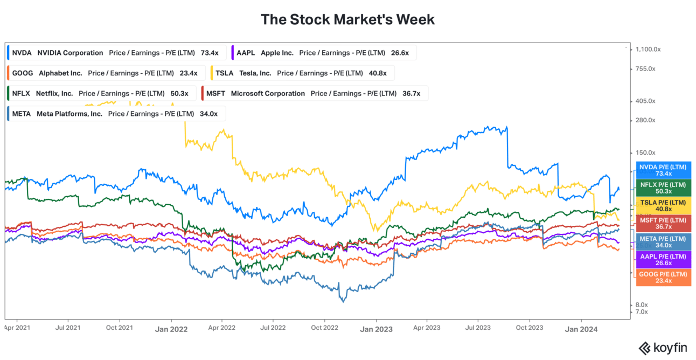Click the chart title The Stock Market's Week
pos(347,19)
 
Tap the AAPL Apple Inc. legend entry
pos(323,53)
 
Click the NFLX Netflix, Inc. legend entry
pos(100,94)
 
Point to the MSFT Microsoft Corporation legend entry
pos(314,94)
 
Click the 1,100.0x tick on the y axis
pos(648,50)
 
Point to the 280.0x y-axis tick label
pos(645,120)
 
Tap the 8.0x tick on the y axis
pos(641,304)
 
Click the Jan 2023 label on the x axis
pos(376,329)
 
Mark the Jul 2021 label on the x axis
pos(68,328)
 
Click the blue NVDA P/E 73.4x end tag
pos(663,170)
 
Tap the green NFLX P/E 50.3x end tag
pos(663,188)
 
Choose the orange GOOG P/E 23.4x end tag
pos(663,278)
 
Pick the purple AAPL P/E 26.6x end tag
pos(663,260)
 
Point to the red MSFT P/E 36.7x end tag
pos(663,224)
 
